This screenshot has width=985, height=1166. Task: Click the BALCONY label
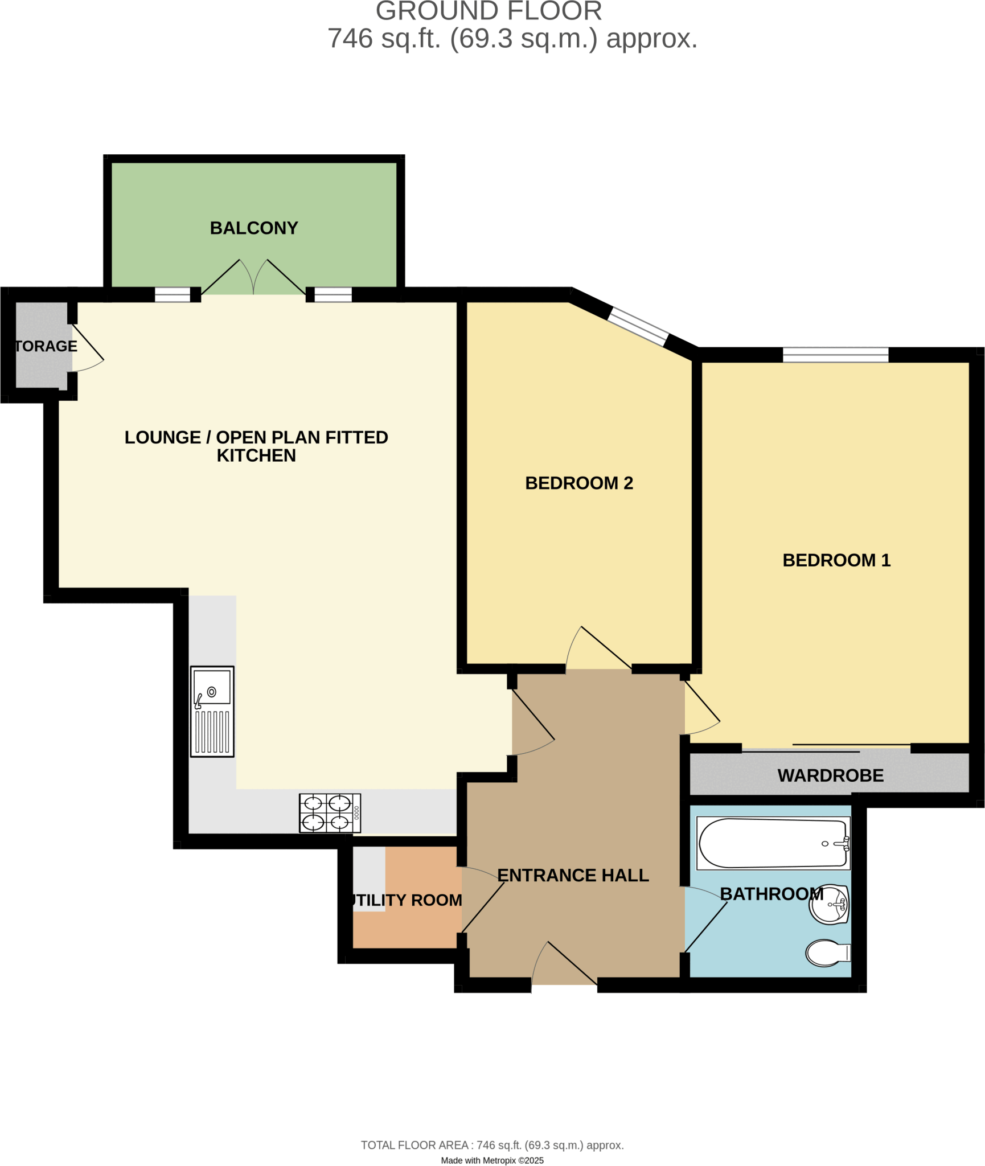[254, 228]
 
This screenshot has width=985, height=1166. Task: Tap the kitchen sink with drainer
[212, 711]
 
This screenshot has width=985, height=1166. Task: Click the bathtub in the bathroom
[773, 843]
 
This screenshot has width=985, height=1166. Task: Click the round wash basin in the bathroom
[829, 904]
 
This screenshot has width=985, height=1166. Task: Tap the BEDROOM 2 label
[578, 483]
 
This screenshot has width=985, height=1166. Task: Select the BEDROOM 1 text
[836, 560]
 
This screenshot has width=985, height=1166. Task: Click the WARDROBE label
[830, 775]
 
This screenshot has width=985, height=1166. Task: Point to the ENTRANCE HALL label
[573, 875]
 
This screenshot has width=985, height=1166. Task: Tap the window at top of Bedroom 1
[835, 355]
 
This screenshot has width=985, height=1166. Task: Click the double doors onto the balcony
[253, 278]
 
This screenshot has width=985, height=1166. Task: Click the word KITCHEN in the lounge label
[256, 455]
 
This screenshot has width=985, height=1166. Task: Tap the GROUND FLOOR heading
[489, 11]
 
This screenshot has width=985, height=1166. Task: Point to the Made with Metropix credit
[492, 1160]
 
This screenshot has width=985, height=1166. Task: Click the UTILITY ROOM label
[407, 900]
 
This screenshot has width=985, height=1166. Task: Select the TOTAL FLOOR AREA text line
[492, 1145]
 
